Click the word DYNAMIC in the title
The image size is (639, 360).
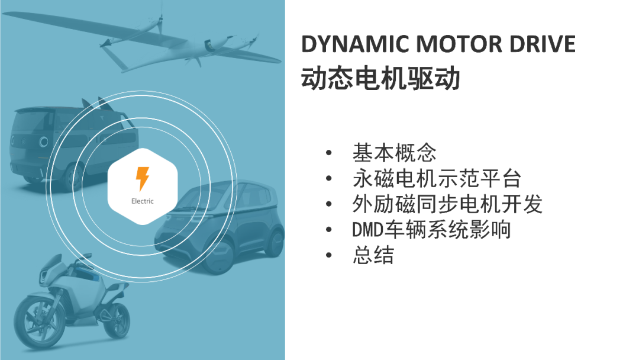[355, 44]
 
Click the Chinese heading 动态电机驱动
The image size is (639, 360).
[380, 78]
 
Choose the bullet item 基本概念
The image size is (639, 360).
[395, 153]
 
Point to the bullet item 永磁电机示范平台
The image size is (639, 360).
[437, 179]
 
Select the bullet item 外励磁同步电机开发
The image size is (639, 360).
[447, 204]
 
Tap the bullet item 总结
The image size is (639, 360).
[373, 255]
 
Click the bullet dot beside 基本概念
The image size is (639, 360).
[329, 153]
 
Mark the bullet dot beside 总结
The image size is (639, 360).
[329, 256]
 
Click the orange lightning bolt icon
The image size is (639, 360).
[142, 179]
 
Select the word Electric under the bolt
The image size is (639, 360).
[142, 201]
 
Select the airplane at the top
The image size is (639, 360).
[143, 41]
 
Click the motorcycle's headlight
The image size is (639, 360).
[44, 274]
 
